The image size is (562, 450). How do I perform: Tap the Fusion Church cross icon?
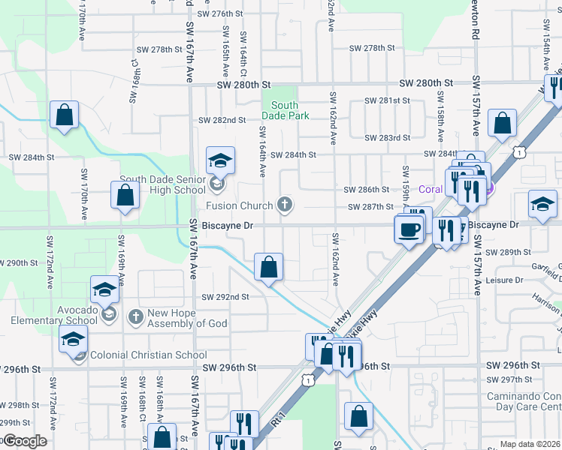284,204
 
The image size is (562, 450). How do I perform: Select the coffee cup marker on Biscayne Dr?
409,229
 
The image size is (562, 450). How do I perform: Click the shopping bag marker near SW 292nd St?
268,266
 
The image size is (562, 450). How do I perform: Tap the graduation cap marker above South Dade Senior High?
220,160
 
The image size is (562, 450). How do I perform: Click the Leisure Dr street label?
504,280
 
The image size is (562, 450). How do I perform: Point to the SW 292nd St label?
225,296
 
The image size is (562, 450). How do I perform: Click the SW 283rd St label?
387,138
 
